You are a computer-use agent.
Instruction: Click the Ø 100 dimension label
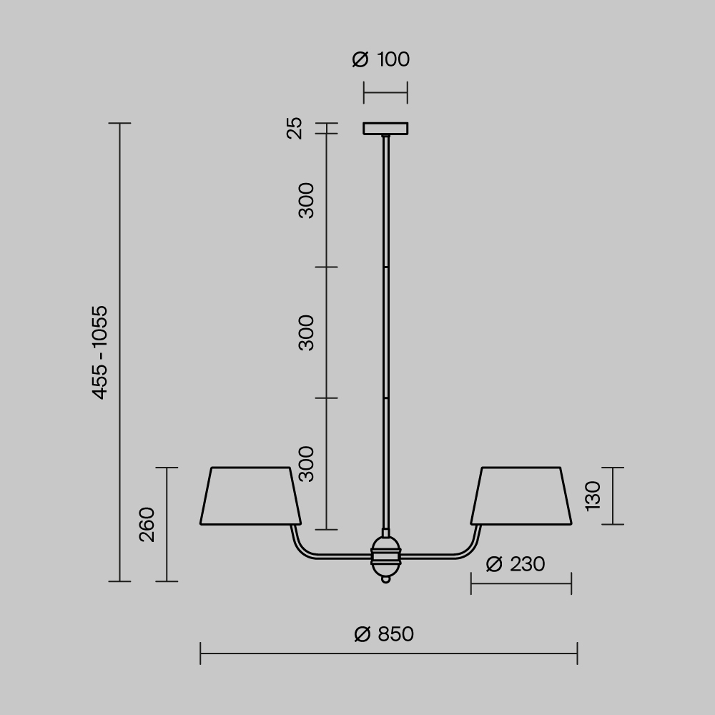[381, 59]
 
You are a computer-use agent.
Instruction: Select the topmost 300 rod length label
[306, 201]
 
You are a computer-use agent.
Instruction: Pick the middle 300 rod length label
[306, 332]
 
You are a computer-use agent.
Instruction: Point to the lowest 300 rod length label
[306, 463]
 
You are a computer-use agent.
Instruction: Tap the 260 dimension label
[147, 524]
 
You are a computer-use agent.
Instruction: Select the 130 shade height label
[593, 495]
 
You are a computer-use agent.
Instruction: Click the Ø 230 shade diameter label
[515, 564]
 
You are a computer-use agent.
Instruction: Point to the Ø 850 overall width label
[384, 634]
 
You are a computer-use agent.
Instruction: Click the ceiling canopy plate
[385, 129]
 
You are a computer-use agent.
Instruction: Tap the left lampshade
[250, 496]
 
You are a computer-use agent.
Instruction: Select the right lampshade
[521, 496]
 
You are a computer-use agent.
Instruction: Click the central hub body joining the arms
[385, 556]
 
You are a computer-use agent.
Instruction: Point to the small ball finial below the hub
[386, 579]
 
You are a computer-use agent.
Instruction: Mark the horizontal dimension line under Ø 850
[388, 653]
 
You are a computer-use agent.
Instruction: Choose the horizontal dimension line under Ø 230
[521, 583]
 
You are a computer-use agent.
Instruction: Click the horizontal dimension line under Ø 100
[385, 93]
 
